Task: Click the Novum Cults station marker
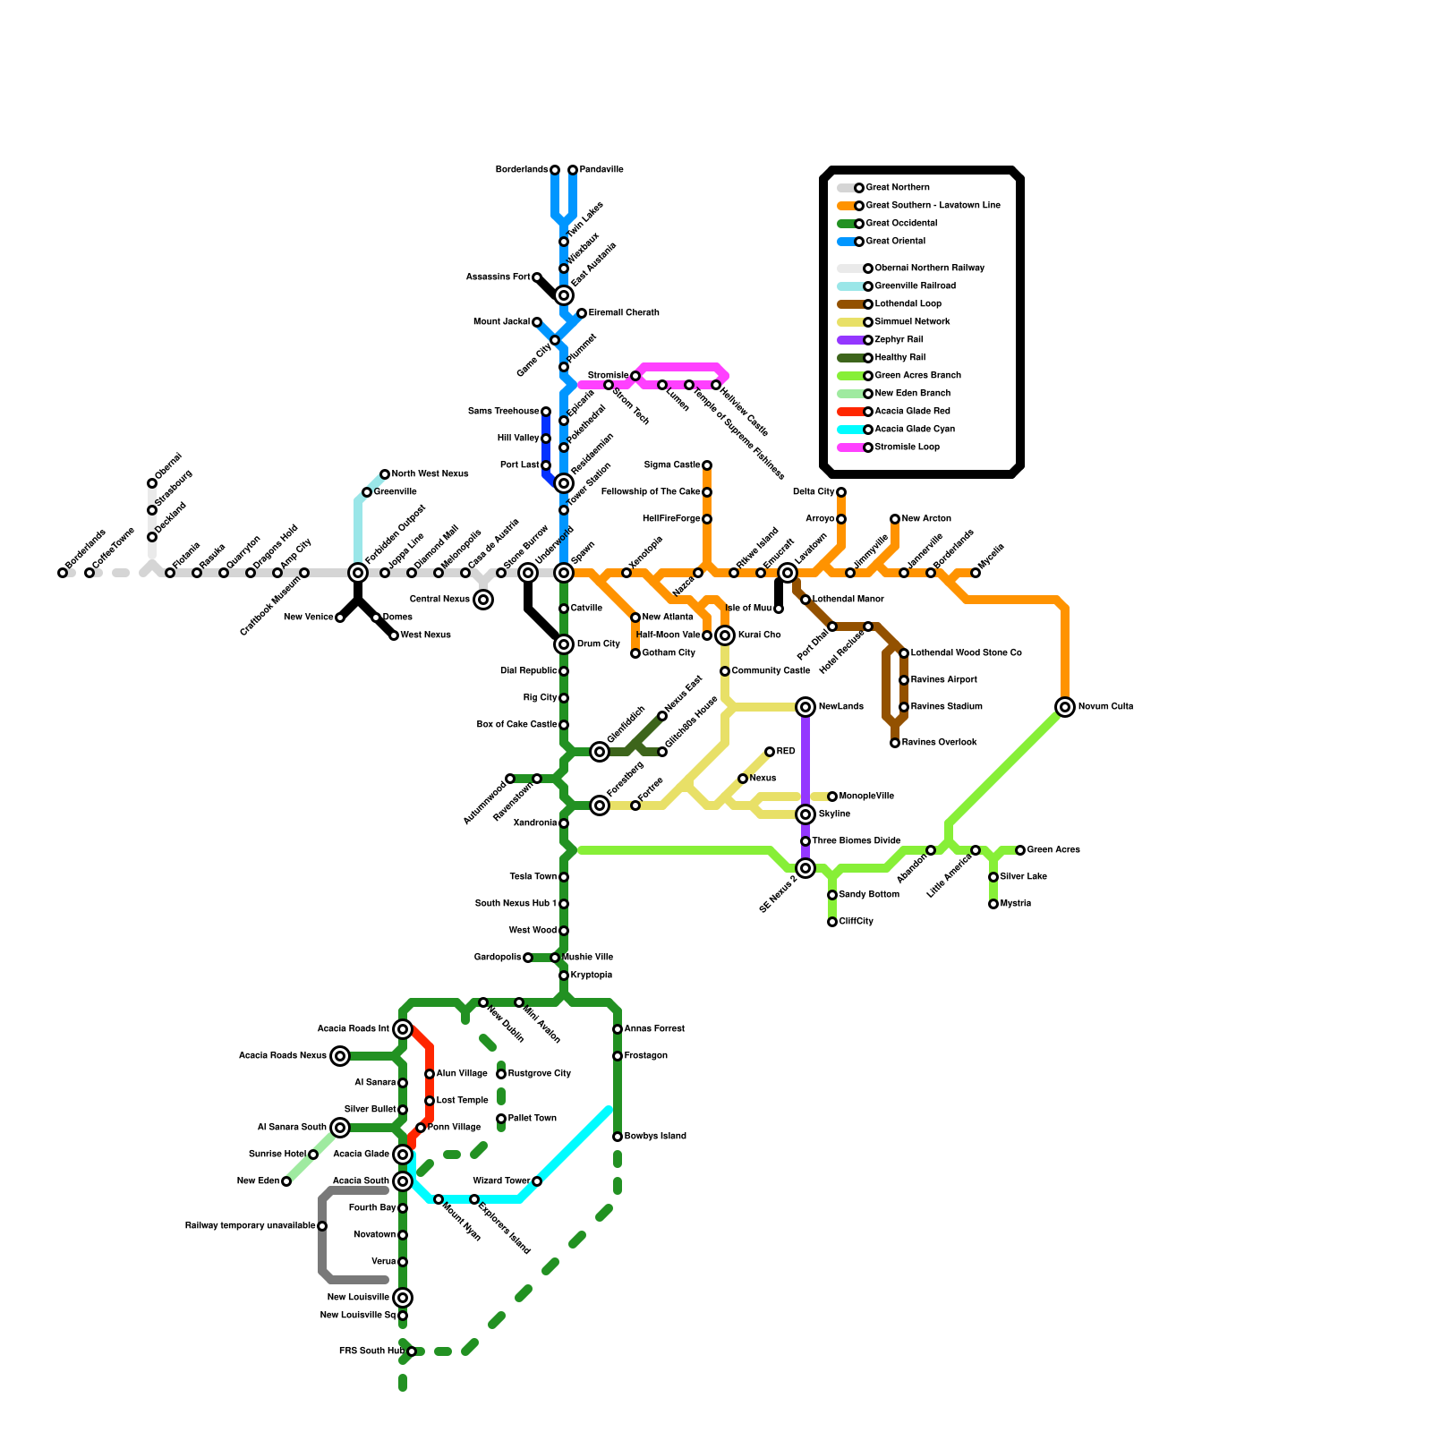pyautogui.click(x=1065, y=707)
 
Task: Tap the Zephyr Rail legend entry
pyautogui.click(x=899, y=340)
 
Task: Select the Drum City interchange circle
pyautogui.click(x=564, y=644)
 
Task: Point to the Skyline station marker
pyautogui.click(x=805, y=814)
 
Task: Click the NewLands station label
pyautogui.click(x=840, y=707)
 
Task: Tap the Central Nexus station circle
pyautogui.click(x=483, y=600)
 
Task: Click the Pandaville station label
pyautogui.click(x=601, y=170)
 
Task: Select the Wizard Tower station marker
pyautogui.click(x=537, y=1181)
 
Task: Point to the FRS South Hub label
pyautogui.click(x=371, y=1351)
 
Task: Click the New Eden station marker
pyautogui.click(x=286, y=1181)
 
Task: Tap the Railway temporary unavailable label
pyautogui.click(x=250, y=1226)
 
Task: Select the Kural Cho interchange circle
pyautogui.click(x=725, y=635)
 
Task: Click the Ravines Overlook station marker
pyautogui.click(x=895, y=743)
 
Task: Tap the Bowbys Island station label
pyautogui.click(x=655, y=1137)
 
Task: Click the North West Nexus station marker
pyautogui.click(x=385, y=474)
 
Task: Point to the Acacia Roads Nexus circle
pyautogui.click(x=340, y=1056)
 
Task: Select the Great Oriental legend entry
pyautogui.click(x=895, y=242)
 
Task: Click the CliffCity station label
pyautogui.click(x=857, y=922)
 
